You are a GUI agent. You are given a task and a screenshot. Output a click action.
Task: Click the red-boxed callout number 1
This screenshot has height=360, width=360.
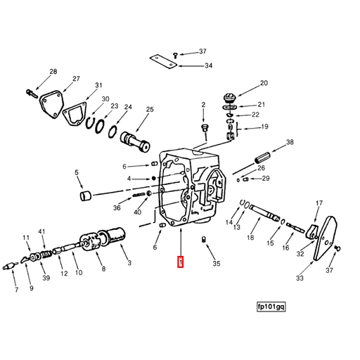click(x=181, y=262)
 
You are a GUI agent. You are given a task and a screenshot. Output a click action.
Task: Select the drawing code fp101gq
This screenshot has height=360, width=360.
click(x=271, y=307)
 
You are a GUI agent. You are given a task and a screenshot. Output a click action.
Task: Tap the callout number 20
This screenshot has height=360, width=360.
click(x=264, y=84)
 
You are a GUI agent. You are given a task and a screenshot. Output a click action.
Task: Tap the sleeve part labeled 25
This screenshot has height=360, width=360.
click(x=136, y=139)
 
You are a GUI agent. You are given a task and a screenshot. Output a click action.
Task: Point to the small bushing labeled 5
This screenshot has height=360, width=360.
click(x=85, y=195)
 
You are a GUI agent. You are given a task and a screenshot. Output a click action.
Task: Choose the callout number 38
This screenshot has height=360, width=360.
click(x=289, y=143)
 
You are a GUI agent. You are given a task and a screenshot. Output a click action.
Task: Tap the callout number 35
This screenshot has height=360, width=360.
click(x=217, y=264)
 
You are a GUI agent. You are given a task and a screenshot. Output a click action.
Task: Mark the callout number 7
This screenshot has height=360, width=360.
click(x=16, y=289)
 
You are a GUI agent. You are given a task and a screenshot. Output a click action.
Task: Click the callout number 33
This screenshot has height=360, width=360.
click(x=300, y=279)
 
